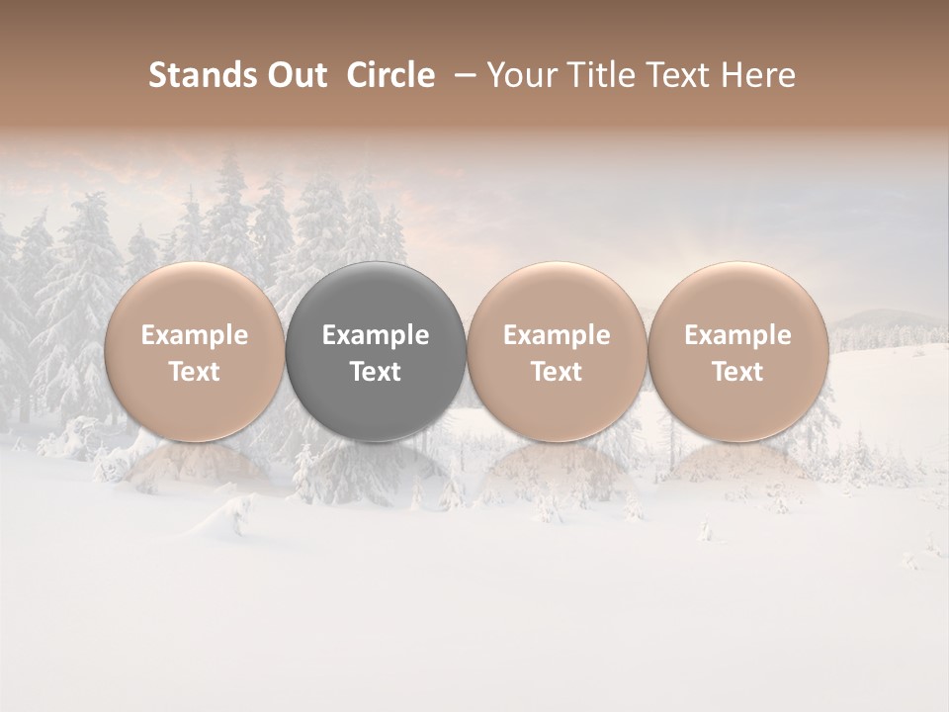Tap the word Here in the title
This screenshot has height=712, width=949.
(x=756, y=75)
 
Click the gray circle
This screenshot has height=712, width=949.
(x=376, y=297)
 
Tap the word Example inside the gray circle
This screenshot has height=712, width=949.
(x=376, y=335)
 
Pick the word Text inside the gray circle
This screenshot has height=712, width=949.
(x=376, y=372)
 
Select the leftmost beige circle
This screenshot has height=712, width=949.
(x=194, y=297)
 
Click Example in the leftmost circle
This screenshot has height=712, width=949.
(x=194, y=335)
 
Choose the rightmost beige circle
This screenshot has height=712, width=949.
(x=737, y=297)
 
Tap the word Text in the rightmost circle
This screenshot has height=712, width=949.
(x=737, y=372)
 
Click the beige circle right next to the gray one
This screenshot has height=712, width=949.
(x=557, y=297)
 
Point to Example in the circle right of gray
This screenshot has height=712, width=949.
(x=557, y=335)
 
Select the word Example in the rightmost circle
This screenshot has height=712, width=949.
(x=737, y=335)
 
